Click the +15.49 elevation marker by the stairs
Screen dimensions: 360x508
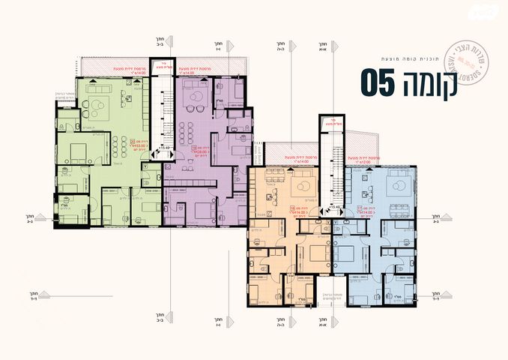click(163, 148)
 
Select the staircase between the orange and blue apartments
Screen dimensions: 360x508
click(327, 169)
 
